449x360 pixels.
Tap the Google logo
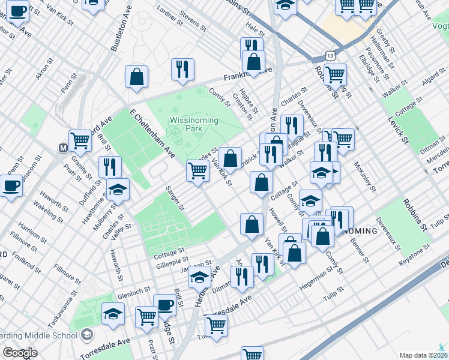pyautogui.click(x=19, y=353)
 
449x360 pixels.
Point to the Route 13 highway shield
pyautogui.click(x=330, y=55)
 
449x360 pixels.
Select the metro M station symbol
pyautogui.click(x=62, y=148)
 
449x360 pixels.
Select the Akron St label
pyautogui.click(x=44, y=74)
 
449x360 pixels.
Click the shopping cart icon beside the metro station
pyautogui.click(x=80, y=141)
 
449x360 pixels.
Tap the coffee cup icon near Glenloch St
pyautogui.click(x=164, y=305)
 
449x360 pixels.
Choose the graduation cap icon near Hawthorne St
pyautogui.click(x=118, y=190)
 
